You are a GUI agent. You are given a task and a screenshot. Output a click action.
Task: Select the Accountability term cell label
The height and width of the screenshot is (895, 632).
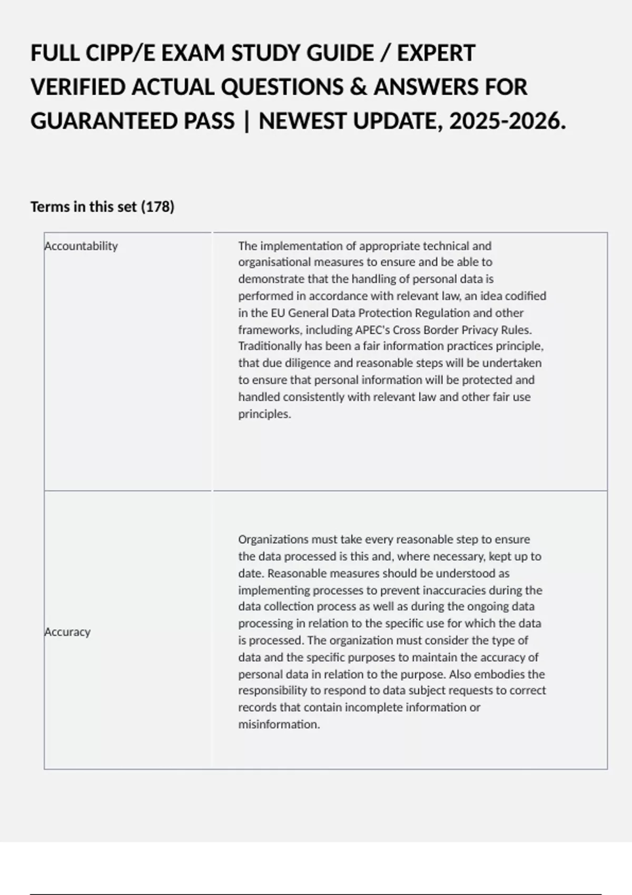click(81, 246)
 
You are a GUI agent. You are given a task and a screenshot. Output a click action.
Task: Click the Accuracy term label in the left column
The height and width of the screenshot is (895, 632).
click(67, 632)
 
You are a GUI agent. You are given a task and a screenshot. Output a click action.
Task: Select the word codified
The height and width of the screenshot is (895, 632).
click(525, 296)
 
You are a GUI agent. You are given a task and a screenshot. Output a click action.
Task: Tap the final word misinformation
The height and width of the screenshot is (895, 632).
click(278, 724)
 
